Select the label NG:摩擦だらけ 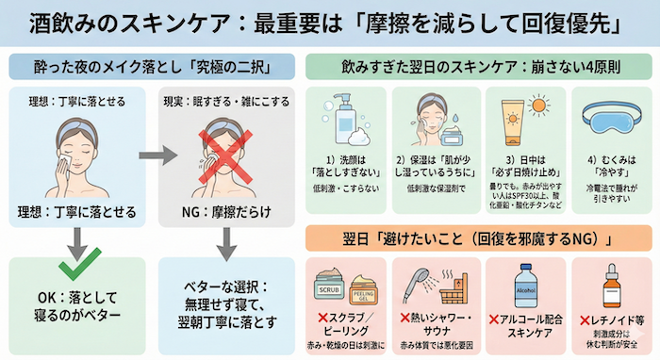pos(224,208)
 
